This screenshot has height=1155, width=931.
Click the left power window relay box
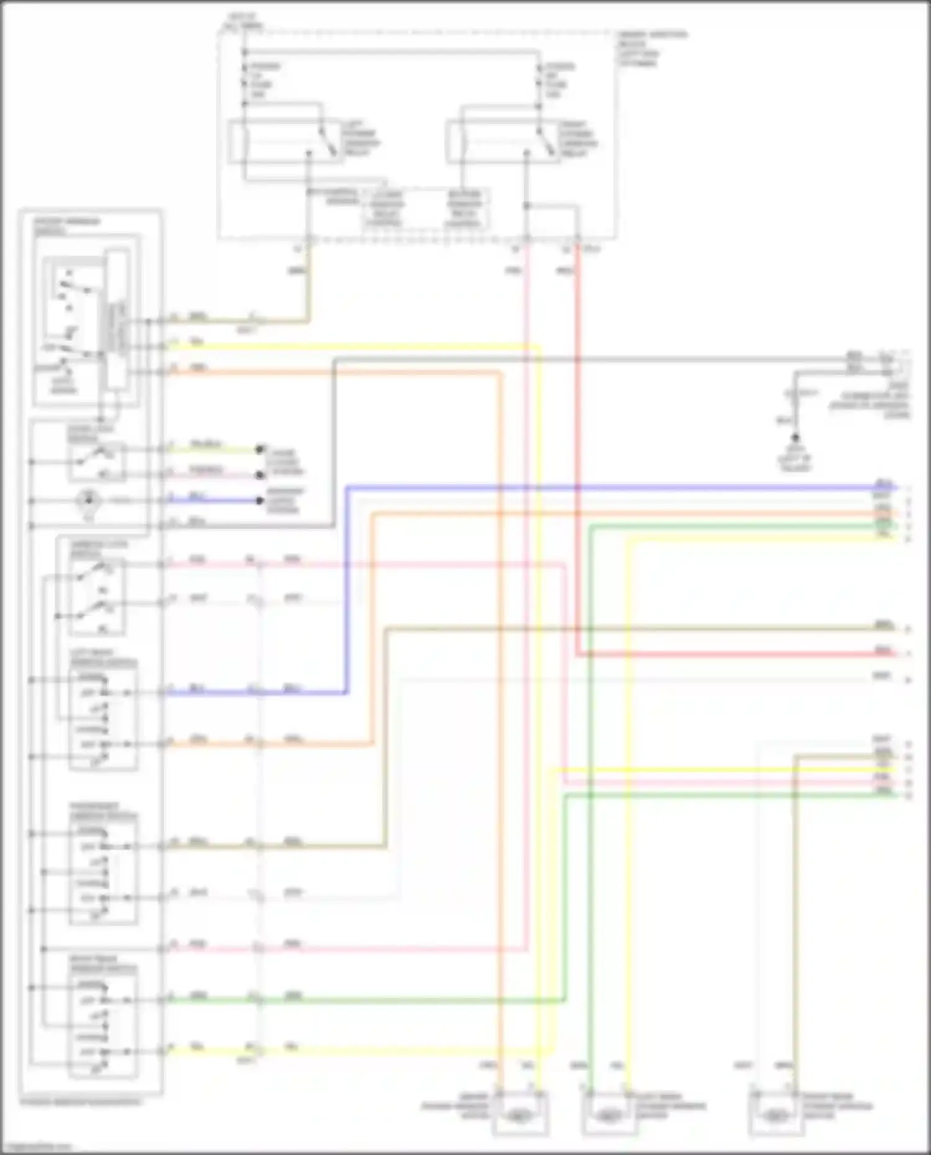[286, 143]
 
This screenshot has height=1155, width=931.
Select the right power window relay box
[503, 143]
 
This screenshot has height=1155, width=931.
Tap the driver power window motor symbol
[520, 1116]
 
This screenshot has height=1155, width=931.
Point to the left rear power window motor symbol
[609, 1116]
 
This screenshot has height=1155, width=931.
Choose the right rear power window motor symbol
[776, 1116]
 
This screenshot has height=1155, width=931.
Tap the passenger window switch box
[103, 871]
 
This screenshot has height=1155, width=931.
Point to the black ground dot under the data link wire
[795, 438]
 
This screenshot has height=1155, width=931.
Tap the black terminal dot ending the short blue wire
[261, 500]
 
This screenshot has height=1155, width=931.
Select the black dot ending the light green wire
[261, 449]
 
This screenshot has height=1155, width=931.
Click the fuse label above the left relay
[263, 80]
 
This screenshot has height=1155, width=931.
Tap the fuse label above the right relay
[559, 80]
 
